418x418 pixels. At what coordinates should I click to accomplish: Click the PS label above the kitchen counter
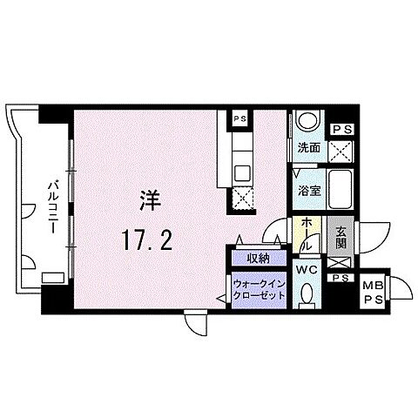240,118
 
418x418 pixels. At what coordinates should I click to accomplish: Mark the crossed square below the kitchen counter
241,199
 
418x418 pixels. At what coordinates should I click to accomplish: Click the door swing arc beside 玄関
372,235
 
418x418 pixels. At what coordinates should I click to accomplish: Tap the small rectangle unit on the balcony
51,277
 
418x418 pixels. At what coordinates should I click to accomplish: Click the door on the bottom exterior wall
195,324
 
